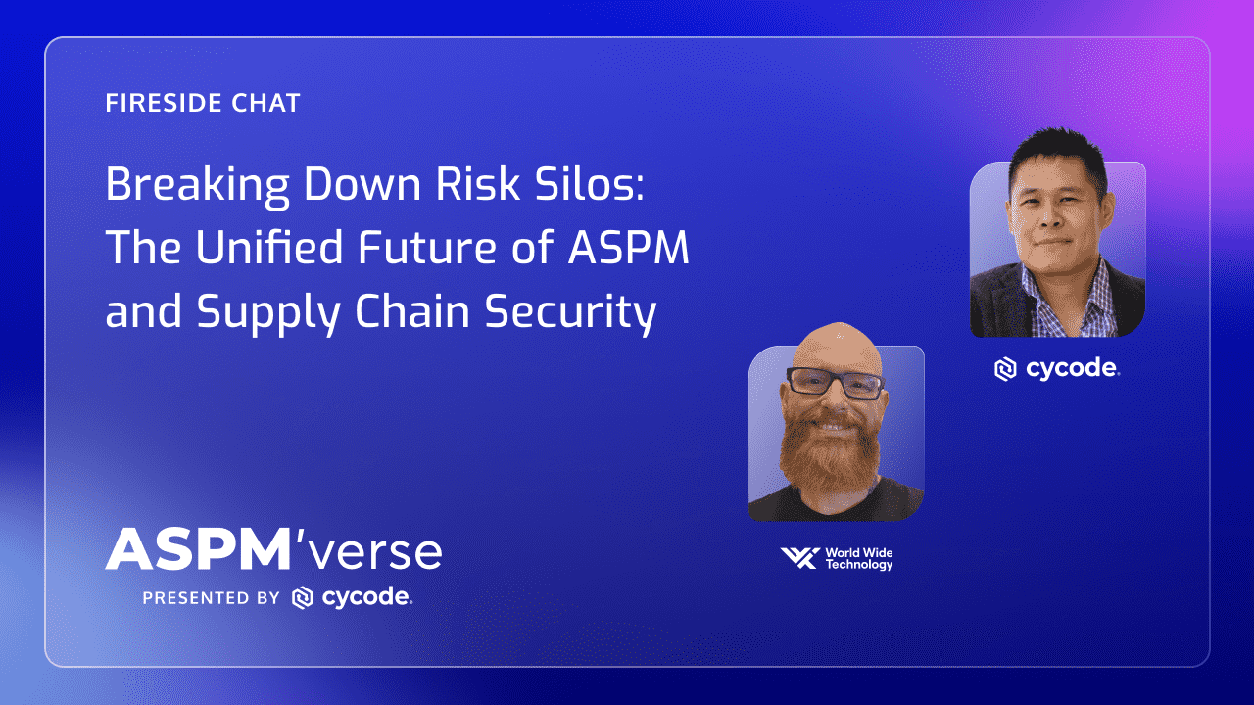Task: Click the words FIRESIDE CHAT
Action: pos(203,103)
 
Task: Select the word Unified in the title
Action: pos(268,247)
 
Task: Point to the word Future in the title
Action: pos(426,247)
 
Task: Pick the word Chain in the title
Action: pos(412,310)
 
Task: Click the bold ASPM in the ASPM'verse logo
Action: pos(197,549)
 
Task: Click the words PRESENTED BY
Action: pos(211,598)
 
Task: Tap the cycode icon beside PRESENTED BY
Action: pos(303,597)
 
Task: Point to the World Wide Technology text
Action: pos(859,559)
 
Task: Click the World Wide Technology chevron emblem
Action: pos(800,558)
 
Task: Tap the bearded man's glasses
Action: pos(835,383)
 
